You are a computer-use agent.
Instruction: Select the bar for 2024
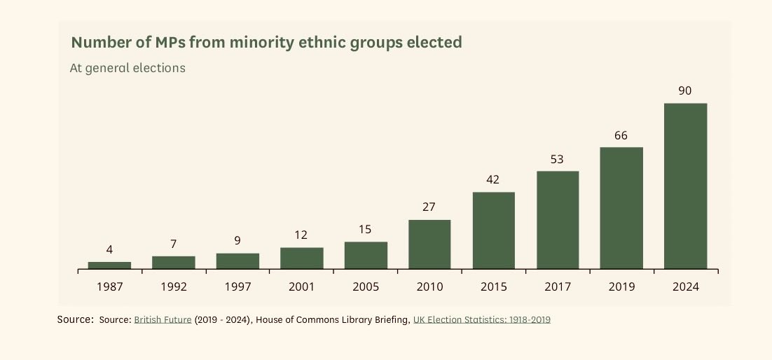coord(685,186)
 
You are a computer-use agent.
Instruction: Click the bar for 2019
coord(621,208)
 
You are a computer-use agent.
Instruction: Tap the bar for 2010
coord(429,244)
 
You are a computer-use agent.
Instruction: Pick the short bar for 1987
coord(109,265)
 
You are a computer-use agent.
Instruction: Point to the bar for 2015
coord(494,230)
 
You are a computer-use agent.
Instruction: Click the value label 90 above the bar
coord(685,90)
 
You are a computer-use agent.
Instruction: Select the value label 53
coord(558,159)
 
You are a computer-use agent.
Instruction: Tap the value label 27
coord(429,207)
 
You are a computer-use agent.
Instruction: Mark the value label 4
coord(109,249)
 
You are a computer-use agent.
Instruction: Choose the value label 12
coord(301,235)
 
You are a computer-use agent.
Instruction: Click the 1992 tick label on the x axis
coord(173,286)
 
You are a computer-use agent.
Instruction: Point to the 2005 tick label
coord(365,286)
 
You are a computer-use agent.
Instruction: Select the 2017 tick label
coord(558,286)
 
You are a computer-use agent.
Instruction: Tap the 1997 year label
coord(237,286)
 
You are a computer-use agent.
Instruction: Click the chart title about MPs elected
coord(266,43)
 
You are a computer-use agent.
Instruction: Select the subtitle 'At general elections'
coord(127,69)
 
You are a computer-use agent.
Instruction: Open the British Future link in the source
coord(163,320)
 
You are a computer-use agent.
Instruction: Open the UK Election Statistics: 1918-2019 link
coord(482,320)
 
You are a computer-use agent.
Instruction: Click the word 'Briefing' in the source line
coord(390,320)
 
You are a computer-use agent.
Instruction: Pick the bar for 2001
coord(301,258)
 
